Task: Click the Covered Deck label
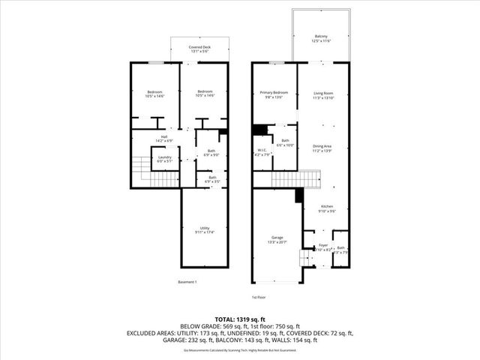tap(199, 49)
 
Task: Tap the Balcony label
tap(321, 38)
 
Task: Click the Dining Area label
tap(323, 148)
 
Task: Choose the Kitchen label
tap(328, 209)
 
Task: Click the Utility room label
tap(205, 230)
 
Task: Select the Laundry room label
tap(164, 158)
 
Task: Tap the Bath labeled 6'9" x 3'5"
tap(211, 179)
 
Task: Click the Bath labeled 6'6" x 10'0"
tap(285, 142)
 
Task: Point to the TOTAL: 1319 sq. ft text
tap(239, 318)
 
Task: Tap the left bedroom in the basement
tap(155, 94)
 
